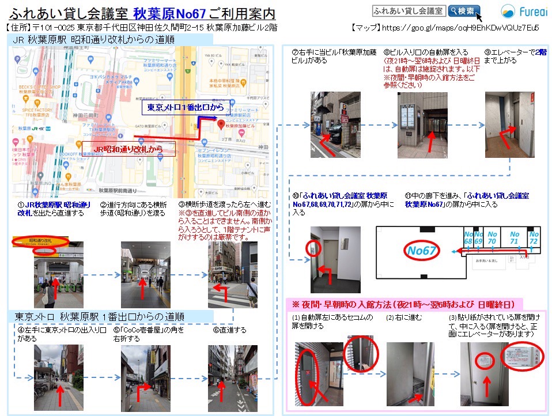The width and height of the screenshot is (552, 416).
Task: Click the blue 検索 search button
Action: pyautogui.click(x=464, y=11)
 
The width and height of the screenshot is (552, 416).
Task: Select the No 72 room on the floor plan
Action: pyautogui.click(x=534, y=238)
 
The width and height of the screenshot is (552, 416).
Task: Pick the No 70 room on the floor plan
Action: pyautogui.click(x=491, y=238)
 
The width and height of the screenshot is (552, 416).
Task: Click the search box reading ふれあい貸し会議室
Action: pyautogui.click(x=409, y=11)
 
